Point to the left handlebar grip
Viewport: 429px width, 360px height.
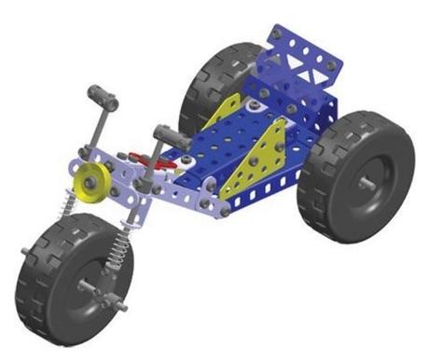click(101, 96)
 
